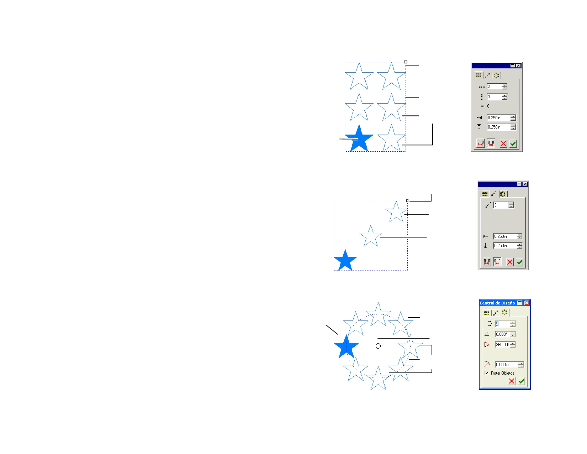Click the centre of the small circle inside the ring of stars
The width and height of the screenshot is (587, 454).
pos(378,346)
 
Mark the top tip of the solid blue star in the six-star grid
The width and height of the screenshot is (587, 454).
pos(359,124)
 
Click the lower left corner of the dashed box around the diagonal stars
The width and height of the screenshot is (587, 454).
pos(334,270)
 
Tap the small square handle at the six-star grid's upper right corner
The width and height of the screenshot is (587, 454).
pos(406,62)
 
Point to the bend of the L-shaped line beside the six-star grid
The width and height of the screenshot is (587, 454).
pos(433,145)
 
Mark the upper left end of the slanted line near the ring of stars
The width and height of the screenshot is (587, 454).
pos(326,325)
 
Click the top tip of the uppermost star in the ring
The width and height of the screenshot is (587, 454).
pos(378,302)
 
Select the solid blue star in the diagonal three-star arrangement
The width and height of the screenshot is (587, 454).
pos(345,260)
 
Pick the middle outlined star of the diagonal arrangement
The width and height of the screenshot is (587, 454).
pos(371,236)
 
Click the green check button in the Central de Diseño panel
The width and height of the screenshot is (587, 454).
pos(521,381)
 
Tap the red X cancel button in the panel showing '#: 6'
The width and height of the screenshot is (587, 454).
pos(503,143)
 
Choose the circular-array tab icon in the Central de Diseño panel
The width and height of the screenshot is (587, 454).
pos(504,313)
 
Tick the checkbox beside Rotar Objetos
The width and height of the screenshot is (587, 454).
pos(487,373)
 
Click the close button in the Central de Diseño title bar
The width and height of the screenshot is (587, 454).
pos(527,303)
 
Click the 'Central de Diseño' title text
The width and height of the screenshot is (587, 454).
pos(497,303)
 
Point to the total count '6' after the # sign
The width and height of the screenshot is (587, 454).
pos(488,106)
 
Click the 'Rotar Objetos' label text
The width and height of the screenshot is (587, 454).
pos(502,373)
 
